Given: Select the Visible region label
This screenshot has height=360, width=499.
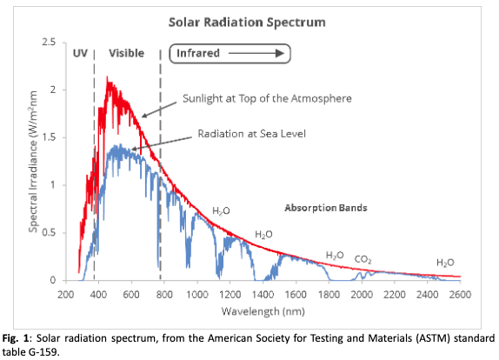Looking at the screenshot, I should [x=126, y=54].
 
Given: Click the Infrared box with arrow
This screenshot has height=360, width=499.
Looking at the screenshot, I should [x=229, y=54].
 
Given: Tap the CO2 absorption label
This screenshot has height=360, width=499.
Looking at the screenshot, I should [x=363, y=258].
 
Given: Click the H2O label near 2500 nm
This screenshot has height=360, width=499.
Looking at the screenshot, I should [x=445, y=262].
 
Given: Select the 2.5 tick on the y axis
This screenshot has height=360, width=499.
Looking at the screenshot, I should [x=50, y=42].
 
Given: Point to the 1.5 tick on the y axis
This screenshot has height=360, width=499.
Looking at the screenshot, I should [x=50, y=137].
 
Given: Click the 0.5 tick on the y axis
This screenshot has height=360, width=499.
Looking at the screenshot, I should [x=50, y=232].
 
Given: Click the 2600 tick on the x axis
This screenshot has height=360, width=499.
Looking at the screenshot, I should [x=460, y=294].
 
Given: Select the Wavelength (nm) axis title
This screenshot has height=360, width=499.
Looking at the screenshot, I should [x=263, y=310].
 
